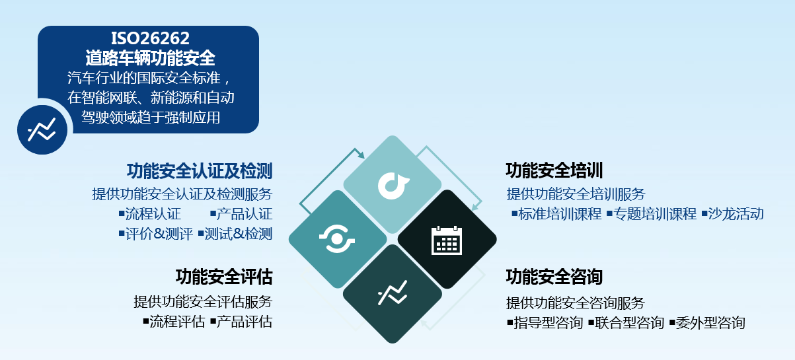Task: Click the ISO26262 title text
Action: [150, 38]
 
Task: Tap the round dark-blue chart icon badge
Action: [42, 129]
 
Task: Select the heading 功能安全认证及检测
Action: [200, 171]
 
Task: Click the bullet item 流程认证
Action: [150, 214]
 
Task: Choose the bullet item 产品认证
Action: [241, 214]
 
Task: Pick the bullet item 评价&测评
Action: [156, 234]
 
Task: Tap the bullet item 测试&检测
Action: [235, 234]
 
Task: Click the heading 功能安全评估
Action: [224, 277]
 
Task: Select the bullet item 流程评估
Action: [174, 322]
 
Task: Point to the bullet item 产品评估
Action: [241, 322]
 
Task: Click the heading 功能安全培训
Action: [554, 170]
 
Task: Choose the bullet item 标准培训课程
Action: [556, 214]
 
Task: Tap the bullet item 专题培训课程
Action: [652, 214]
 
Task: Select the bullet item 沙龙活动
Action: [732, 214]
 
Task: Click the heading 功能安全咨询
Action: [554, 277]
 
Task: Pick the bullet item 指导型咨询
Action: [545, 323]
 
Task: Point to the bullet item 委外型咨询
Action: [707, 323]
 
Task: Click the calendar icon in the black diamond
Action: [447, 240]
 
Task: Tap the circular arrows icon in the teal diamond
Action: [337, 239]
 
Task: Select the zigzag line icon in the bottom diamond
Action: [393, 293]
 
